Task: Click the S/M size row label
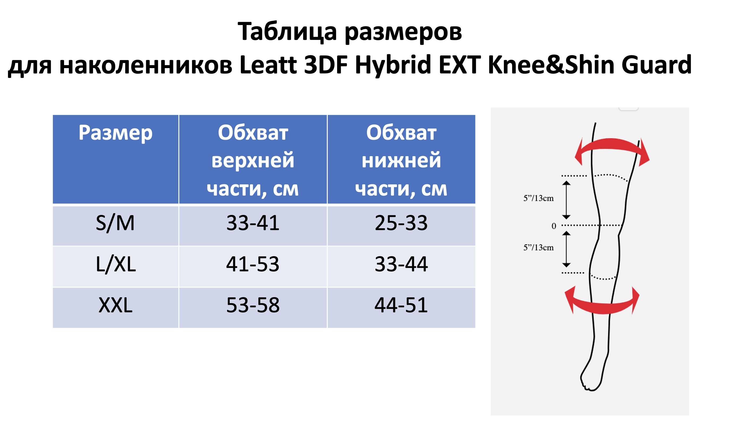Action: pyautogui.click(x=115, y=223)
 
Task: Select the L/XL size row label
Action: pyautogui.click(x=116, y=265)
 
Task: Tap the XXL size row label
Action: pyautogui.click(x=115, y=305)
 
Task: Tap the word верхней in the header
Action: pyautogui.click(x=253, y=161)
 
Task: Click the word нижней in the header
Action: pyautogui.click(x=401, y=161)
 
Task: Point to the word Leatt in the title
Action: pyautogui.click(x=268, y=65)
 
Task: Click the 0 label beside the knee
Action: pyautogui.click(x=554, y=226)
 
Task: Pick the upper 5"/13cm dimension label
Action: pyautogui.click(x=538, y=198)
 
